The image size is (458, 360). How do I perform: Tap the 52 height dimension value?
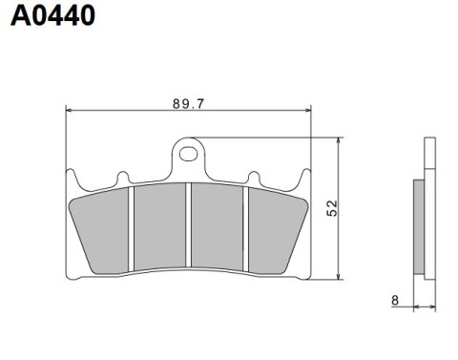(x=331, y=207)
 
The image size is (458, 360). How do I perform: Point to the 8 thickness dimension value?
(x=395, y=300)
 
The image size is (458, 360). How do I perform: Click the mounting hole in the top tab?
(x=189, y=151)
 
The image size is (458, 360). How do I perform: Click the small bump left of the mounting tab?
(x=122, y=178)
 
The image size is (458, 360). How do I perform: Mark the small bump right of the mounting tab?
(x=254, y=178)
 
